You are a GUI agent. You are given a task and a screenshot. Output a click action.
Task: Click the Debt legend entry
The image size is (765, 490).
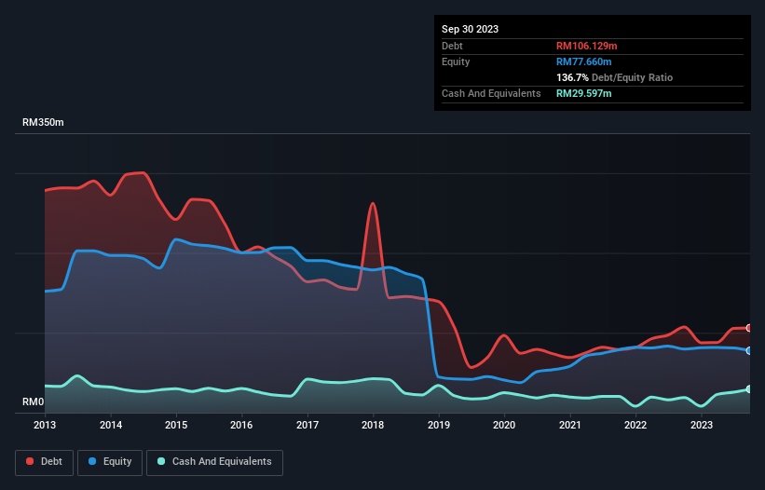[x=44, y=462]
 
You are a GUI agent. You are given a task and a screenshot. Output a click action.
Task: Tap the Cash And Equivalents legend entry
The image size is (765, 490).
[x=214, y=462]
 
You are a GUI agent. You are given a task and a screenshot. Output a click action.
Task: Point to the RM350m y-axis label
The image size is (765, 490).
[x=43, y=123]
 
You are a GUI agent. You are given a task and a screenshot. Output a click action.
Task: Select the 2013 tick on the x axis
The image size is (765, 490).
[x=45, y=425]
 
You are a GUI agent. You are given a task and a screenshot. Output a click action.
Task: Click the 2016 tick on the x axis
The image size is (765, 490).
[x=242, y=425]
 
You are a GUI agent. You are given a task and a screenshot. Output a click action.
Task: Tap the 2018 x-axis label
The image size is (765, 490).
[x=373, y=425]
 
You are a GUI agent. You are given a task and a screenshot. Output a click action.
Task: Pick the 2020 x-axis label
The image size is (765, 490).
[x=504, y=425]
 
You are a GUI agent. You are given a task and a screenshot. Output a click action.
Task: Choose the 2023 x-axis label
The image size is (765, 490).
[x=701, y=425]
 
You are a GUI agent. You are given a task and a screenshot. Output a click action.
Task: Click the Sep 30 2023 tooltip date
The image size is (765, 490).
[x=470, y=29]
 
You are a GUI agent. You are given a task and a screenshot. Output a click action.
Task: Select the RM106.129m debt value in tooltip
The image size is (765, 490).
[x=588, y=46]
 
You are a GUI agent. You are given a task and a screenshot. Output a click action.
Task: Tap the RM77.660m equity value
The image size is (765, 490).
[x=584, y=61]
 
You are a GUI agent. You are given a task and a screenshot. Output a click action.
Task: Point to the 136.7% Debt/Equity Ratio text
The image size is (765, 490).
[x=614, y=77]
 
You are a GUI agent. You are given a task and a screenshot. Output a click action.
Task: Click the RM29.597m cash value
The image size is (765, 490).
[x=584, y=93]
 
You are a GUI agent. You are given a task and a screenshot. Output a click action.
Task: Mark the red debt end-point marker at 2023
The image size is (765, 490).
[x=749, y=328]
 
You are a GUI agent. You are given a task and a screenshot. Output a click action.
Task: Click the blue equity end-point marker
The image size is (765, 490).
[x=749, y=350]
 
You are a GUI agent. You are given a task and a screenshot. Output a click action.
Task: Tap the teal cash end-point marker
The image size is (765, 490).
[x=749, y=389]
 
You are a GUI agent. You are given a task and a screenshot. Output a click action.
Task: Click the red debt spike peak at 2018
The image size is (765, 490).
[x=373, y=203]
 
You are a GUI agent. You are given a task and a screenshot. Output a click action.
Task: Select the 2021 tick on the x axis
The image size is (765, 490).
[x=569, y=425]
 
